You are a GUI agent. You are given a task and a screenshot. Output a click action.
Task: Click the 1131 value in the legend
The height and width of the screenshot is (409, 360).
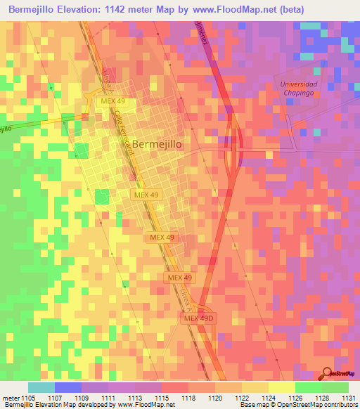[x=347, y=398]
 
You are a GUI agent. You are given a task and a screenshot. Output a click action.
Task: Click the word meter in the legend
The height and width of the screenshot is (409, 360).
[x=11, y=398]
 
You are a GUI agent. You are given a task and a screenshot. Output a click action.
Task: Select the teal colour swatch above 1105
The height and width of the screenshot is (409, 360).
[x=41, y=387]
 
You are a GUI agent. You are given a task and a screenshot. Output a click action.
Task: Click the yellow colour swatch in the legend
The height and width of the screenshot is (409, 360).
[x=281, y=387]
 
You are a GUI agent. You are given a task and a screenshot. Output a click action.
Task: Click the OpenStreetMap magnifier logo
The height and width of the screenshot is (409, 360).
[x=327, y=373]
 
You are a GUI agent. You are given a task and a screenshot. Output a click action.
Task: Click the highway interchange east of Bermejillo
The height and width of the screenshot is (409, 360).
[x=234, y=144]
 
